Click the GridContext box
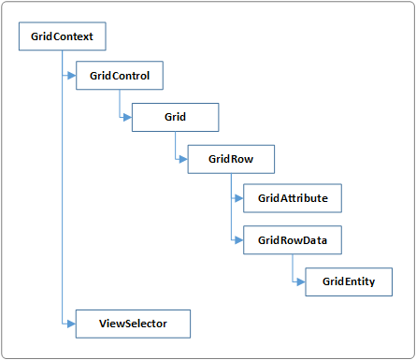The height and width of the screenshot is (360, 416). (62, 38)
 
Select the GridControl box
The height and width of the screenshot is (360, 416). (119, 75)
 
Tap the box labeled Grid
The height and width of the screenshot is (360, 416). (175, 117)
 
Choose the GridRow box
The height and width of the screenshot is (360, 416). (231, 159)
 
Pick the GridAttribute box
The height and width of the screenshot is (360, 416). (293, 198)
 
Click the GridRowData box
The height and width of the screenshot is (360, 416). (293, 240)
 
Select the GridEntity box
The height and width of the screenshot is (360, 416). (349, 281)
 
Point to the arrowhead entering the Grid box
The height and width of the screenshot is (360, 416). (127, 117)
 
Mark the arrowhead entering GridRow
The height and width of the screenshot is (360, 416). (183, 159)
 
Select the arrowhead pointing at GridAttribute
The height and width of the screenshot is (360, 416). (239, 198)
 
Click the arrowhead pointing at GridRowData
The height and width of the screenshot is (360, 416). (239, 240)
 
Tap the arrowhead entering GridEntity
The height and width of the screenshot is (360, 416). (301, 281)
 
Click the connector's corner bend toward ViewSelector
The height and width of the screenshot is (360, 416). (62, 323)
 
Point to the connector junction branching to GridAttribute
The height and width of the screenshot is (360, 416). (231, 198)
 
